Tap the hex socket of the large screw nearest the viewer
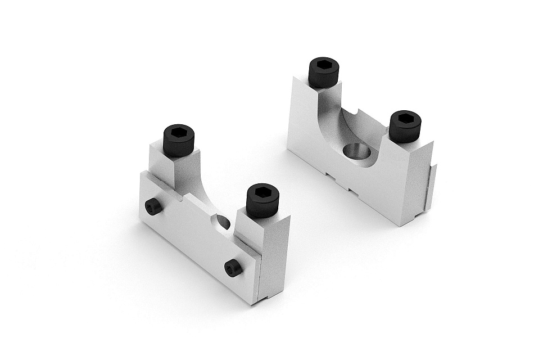click(x=263, y=192)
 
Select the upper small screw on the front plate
click(x=153, y=207)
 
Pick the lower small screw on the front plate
click(x=233, y=268)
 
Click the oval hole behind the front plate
click(x=223, y=222)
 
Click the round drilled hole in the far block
click(x=357, y=151)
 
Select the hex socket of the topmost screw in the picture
click(x=324, y=66)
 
